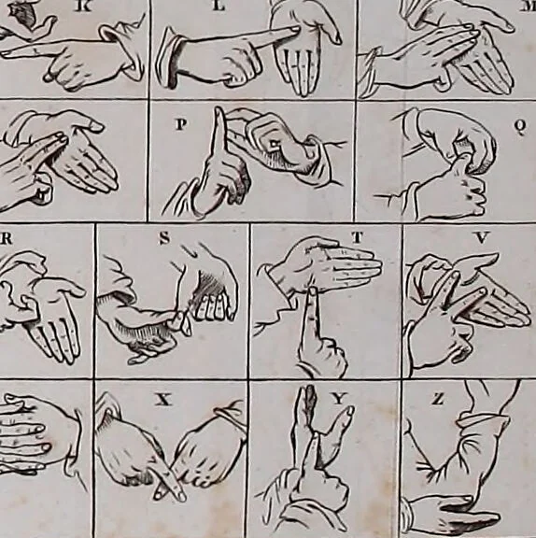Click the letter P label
point(181,124)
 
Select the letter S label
point(164,238)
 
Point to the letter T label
point(357,236)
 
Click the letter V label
point(482,237)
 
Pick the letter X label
point(163,400)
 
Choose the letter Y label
point(339,398)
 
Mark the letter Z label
point(437,399)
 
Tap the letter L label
point(219,7)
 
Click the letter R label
point(7,238)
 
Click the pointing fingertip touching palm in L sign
point(296,31)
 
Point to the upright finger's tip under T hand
point(313,291)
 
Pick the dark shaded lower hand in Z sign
point(456,515)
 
